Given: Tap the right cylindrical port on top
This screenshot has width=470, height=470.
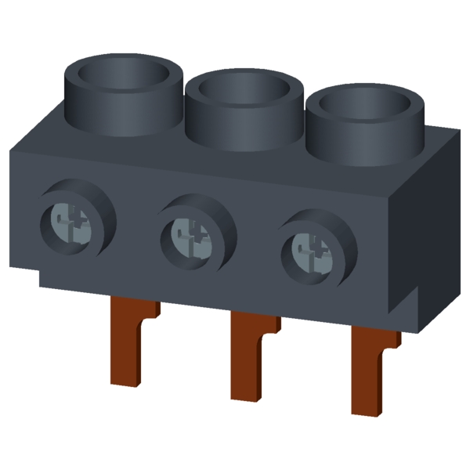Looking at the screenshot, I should pos(364,129).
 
